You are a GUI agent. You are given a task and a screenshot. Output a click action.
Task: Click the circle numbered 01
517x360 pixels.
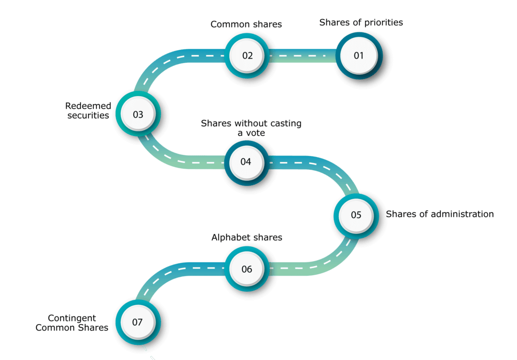[x=359, y=56]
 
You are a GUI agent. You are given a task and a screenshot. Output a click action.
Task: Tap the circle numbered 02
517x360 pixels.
[x=247, y=56]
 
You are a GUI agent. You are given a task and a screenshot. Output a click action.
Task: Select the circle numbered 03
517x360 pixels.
[x=138, y=114]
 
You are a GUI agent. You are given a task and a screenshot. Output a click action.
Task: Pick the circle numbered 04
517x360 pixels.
[x=246, y=162]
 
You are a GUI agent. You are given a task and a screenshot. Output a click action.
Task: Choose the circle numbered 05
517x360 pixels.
[x=356, y=216]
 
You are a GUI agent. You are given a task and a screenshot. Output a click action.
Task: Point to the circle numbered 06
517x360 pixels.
[x=247, y=269]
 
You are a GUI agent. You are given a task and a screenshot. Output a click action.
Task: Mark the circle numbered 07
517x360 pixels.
[x=138, y=322]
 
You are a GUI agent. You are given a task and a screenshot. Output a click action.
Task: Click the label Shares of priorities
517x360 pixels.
[x=361, y=22]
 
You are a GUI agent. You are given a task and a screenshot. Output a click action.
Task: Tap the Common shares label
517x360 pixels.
[x=246, y=24]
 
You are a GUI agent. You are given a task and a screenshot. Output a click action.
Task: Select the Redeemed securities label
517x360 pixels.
[x=88, y=111]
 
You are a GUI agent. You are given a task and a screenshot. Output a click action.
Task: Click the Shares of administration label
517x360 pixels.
[x=440, y=214]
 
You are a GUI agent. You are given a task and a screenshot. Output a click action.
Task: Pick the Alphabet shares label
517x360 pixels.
[x=246, y=237]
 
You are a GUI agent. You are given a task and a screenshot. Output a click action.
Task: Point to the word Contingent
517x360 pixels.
[x=72, y=318]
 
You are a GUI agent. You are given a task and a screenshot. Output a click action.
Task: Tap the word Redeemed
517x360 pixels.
[x=88, y=106]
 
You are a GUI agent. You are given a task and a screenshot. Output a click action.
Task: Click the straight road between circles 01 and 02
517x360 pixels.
[x=303, y=56]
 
